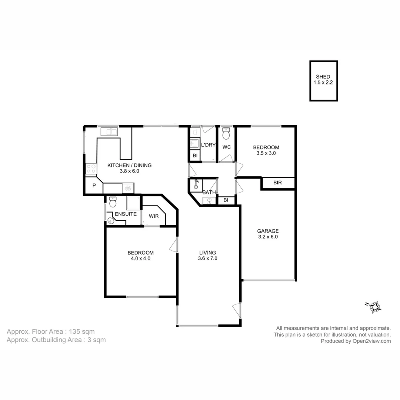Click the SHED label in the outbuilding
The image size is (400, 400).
[x=323, y=77]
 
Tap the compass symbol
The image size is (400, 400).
[x=375, y=307]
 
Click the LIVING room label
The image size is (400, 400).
[x=207, y=253]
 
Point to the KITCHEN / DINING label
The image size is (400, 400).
[x=129, y=165]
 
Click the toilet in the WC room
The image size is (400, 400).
[x=226, y=133]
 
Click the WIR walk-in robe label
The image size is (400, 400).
[x=154, y=216]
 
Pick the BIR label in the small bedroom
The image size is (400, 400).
[x=277, y=183]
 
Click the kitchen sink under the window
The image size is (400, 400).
[x=109, y=131]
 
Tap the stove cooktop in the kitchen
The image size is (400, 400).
[x=91, y=169]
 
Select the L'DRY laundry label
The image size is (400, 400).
[x=208, y=145]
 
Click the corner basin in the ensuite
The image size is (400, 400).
[x=111, y=221]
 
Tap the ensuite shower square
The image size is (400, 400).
[x=133, y=203]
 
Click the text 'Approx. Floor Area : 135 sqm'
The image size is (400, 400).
[x=50, y=331]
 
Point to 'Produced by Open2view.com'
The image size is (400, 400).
[x=356, y=341]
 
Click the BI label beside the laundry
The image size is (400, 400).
[x=195, y=156]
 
